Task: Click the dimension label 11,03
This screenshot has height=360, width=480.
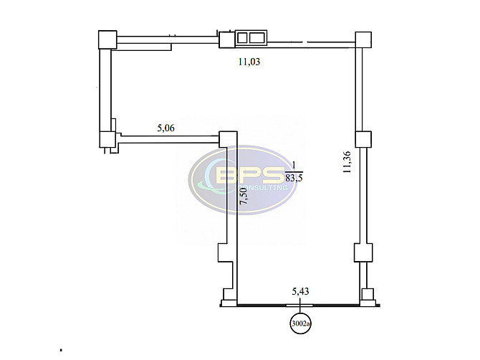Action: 249,62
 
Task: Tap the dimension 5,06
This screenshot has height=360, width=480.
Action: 166,128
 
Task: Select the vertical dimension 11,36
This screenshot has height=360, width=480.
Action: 347,162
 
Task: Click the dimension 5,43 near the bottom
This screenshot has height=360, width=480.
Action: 300,291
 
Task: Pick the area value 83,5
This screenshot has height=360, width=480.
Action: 294,178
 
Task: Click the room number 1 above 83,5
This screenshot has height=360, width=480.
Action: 294,166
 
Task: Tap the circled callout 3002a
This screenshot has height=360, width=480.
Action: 301,323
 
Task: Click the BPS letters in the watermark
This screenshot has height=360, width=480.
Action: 249,175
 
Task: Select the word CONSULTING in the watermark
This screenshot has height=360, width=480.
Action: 263,187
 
